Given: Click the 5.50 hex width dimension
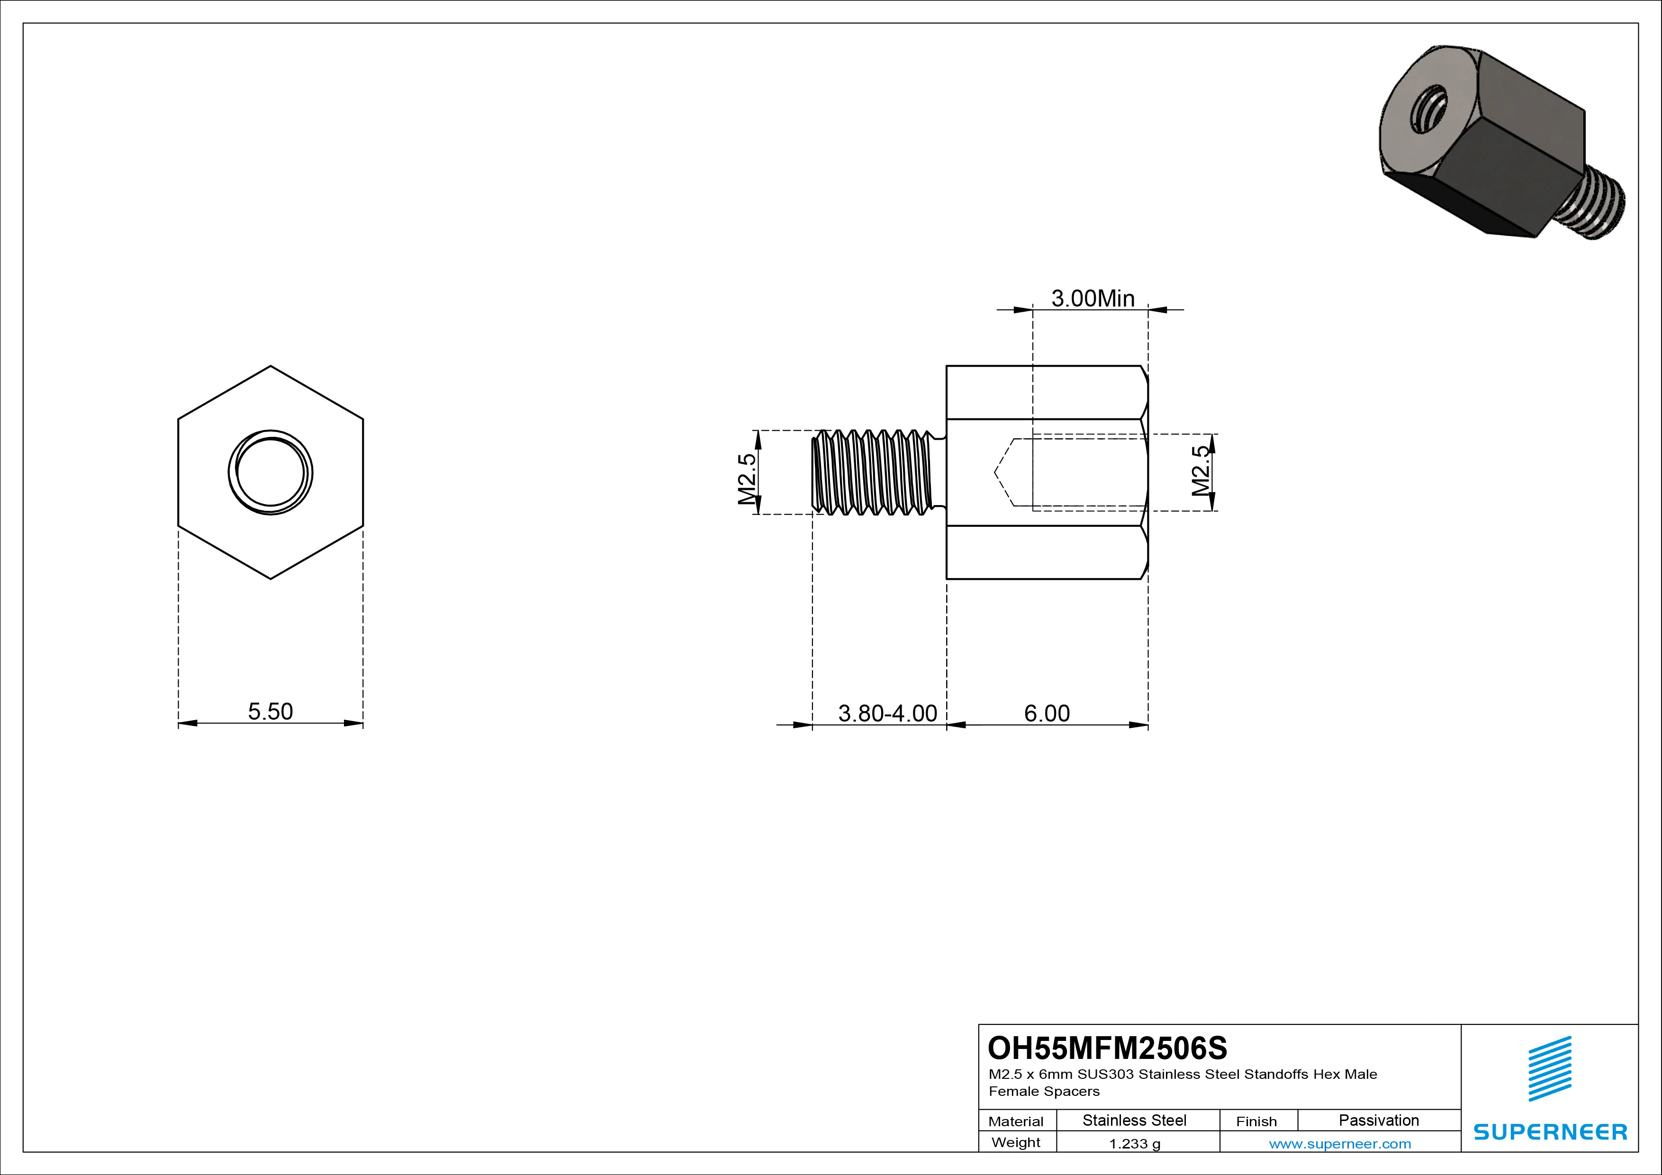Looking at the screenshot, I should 270,711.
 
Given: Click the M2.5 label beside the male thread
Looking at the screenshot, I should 748,479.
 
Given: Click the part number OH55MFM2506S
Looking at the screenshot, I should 1108,1048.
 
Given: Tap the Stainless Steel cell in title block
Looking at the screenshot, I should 1134,1120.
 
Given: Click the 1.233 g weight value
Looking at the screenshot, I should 1134,1144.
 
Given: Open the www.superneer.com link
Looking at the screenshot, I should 1340,1144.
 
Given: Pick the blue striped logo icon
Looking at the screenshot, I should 1550,1068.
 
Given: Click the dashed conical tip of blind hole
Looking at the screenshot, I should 1004,472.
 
